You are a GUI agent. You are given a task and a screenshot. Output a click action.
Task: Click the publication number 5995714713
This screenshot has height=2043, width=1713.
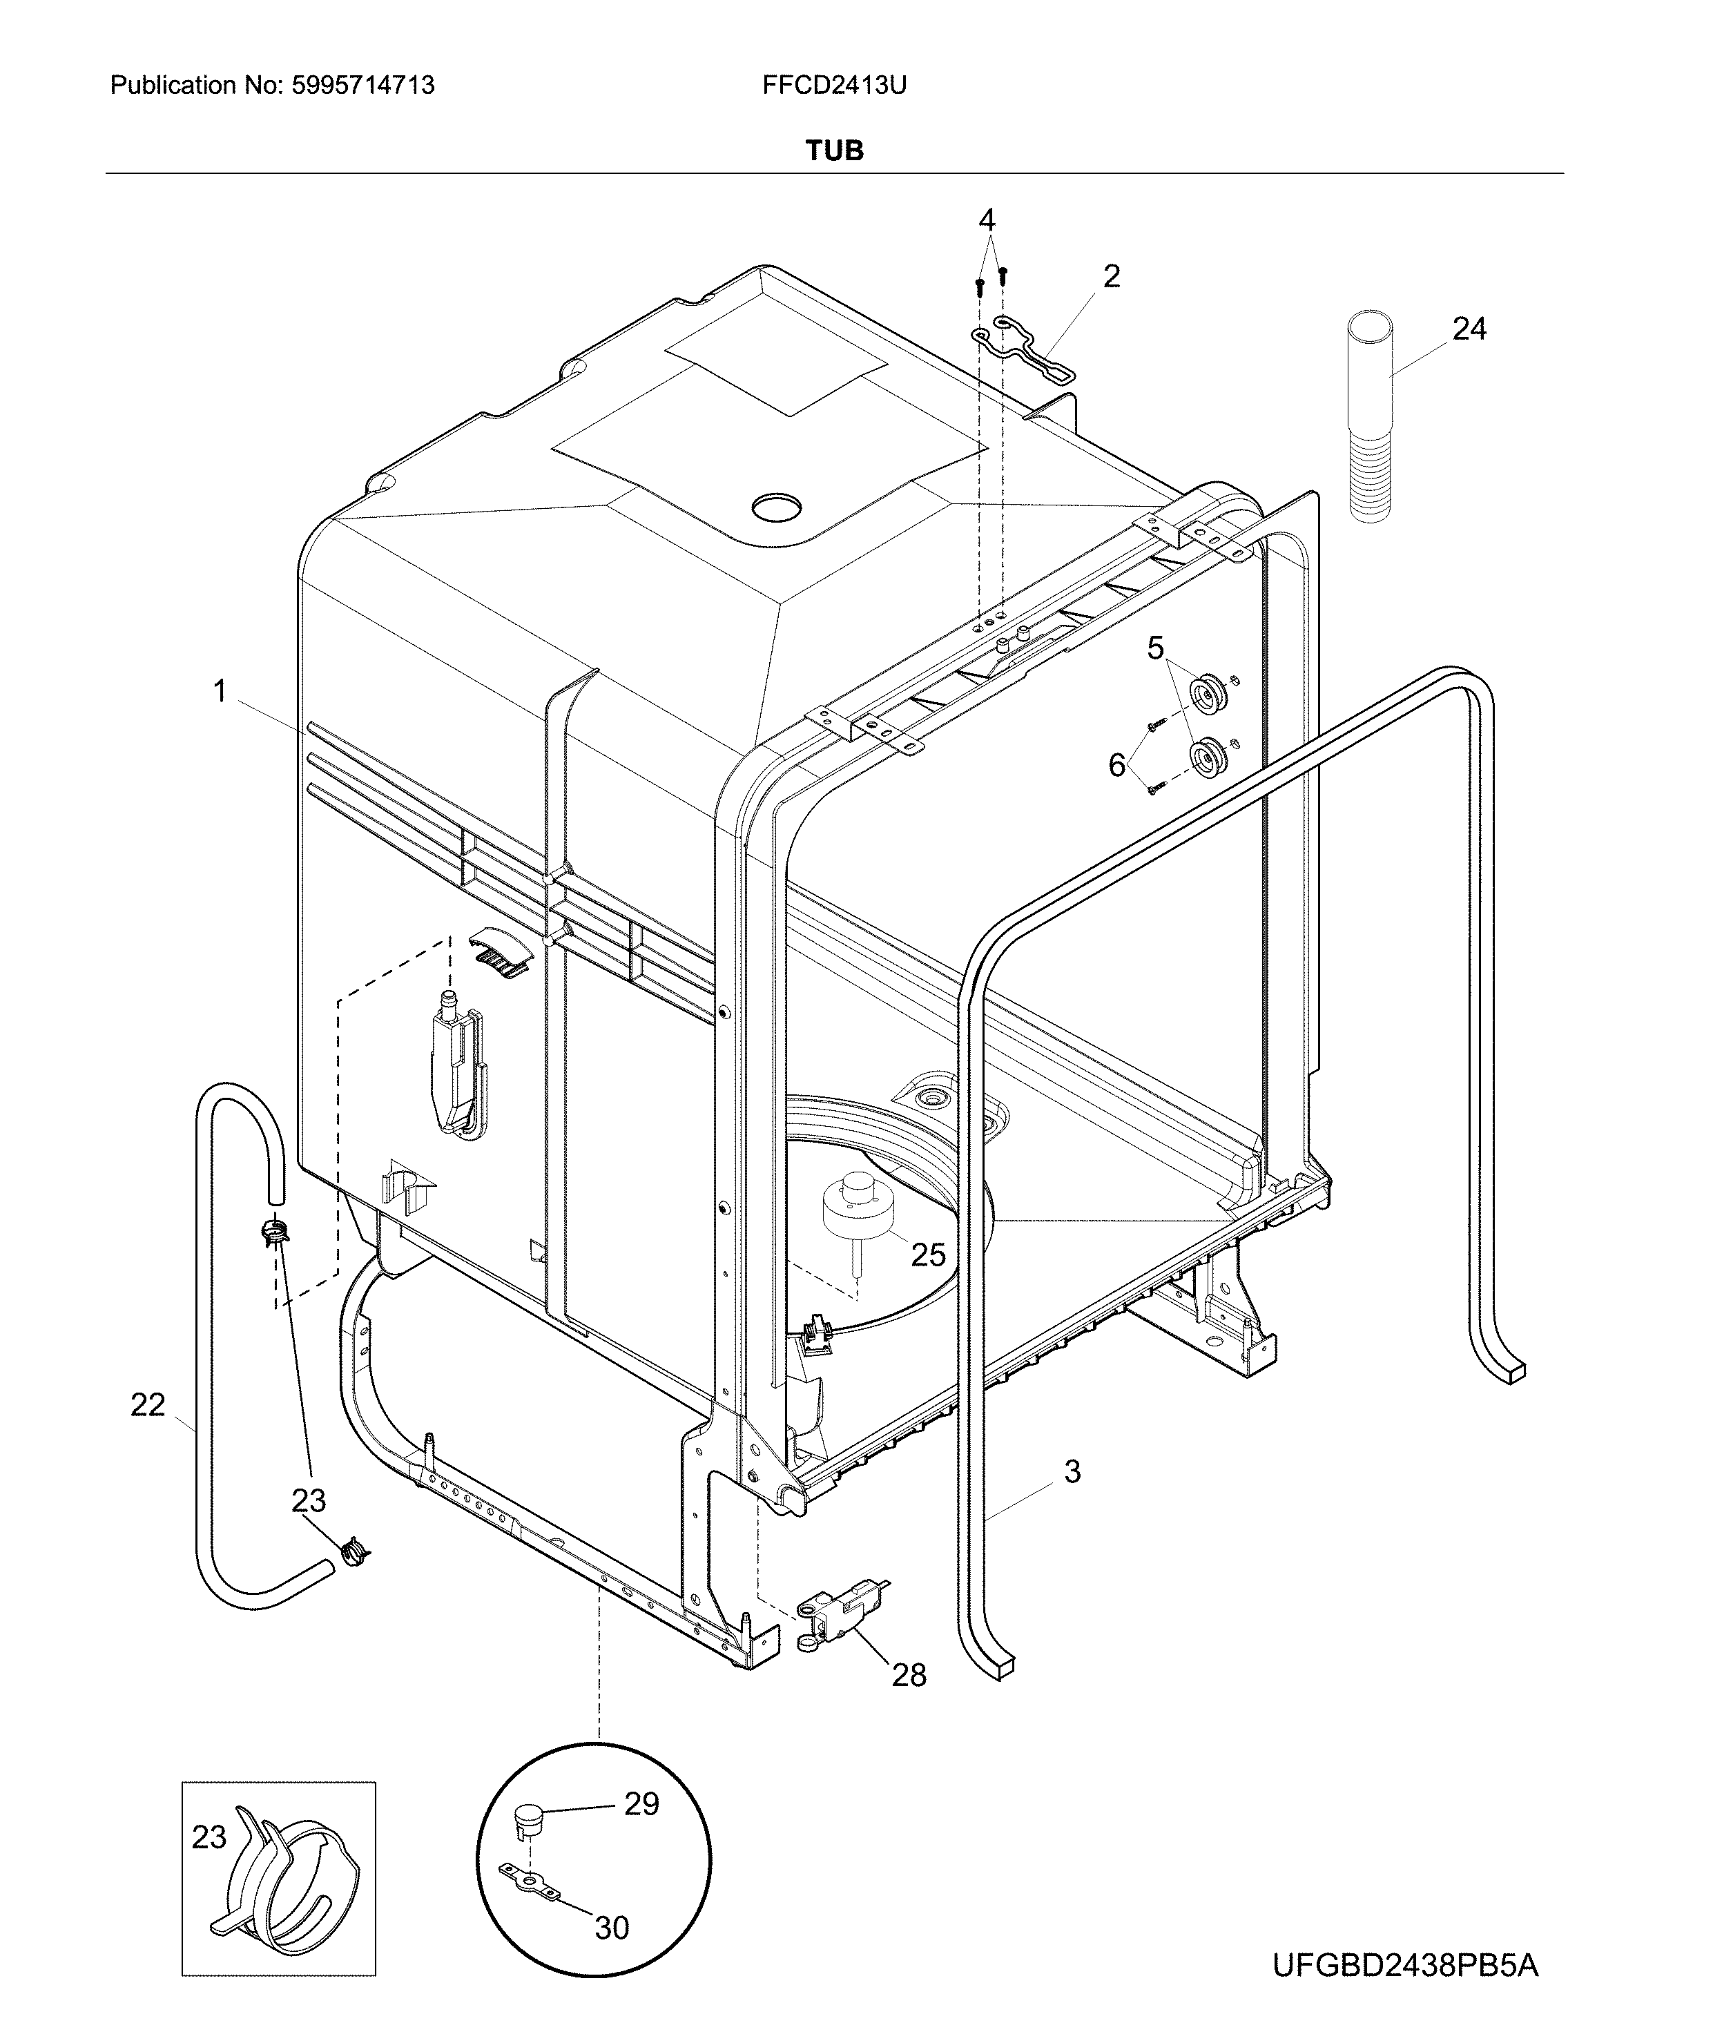pos(363,86)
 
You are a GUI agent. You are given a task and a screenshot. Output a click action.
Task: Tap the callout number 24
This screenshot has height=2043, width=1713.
pos(1469,330)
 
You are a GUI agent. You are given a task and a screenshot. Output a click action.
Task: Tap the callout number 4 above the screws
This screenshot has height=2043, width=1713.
pos(987,221)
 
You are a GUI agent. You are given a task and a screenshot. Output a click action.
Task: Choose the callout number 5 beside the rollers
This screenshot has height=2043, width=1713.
pos(1156,648)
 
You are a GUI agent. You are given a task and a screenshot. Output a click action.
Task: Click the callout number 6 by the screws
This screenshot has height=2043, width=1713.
pos(1118,766)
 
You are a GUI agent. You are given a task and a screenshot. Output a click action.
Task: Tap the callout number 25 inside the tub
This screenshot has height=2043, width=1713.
pos(928,1255)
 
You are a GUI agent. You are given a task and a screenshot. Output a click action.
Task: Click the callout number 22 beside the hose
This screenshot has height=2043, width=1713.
pos(148,1405)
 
